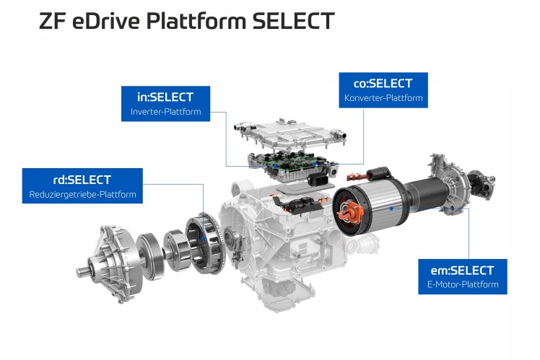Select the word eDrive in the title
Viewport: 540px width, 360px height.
click(108, 21)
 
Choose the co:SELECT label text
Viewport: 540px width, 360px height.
click(383, 83)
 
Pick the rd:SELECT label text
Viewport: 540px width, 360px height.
click(82, 180)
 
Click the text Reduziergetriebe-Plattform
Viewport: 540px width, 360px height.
click(82, 194)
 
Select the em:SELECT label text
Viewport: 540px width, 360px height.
click(463, 271)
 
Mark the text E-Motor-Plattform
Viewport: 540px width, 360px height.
click(463, 285)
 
